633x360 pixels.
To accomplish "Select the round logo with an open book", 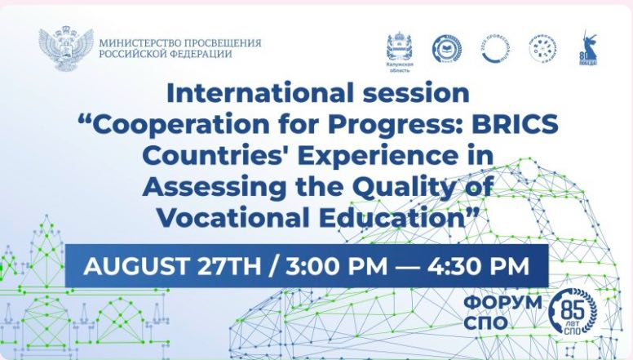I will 446,50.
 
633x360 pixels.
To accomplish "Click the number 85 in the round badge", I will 574,305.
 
